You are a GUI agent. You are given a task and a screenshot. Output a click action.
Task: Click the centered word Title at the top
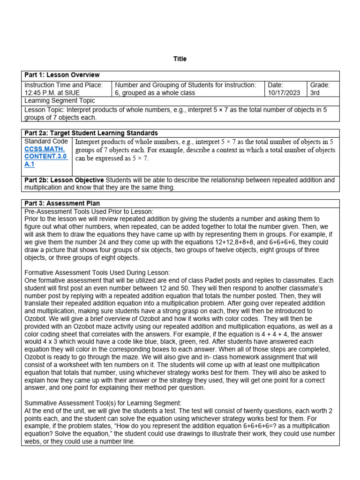(180, 59)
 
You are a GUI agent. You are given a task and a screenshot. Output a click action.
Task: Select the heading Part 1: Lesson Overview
(62, 75)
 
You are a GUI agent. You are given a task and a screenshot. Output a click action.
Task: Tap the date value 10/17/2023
(284, 93)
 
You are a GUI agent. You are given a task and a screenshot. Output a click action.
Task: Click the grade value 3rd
(315, 93)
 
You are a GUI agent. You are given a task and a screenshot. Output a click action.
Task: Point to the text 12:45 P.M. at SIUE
(52, 93)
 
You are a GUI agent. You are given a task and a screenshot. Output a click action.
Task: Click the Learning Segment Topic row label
(60, 101)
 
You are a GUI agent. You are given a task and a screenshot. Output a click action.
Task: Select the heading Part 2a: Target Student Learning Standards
(91, 133)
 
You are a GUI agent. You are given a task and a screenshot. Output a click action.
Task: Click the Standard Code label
(46, 141)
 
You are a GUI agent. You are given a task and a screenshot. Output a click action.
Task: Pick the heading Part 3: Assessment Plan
(62, 203)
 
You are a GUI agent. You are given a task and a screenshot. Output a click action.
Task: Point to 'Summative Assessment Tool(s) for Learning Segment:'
(103, 403)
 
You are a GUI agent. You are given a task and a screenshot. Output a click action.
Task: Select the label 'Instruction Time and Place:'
(63, 85)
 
